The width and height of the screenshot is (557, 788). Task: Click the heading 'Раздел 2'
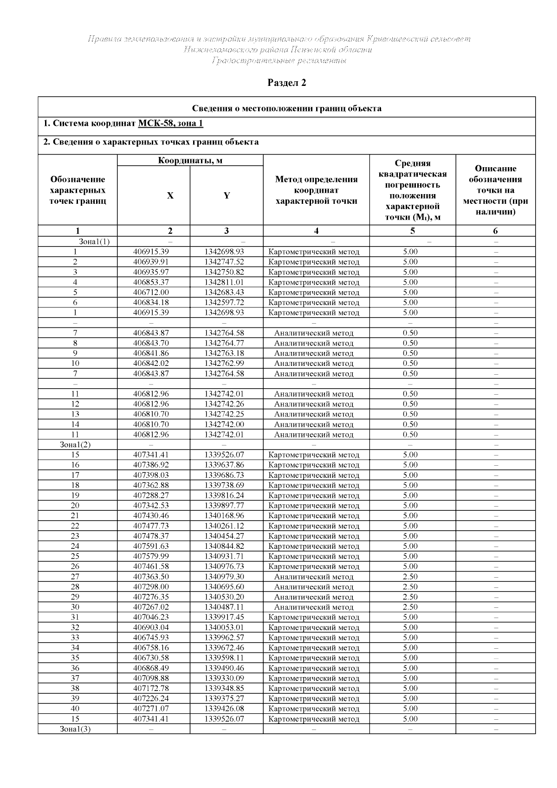[287, 83]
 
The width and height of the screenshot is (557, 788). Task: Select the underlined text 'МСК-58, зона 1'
[170, 124]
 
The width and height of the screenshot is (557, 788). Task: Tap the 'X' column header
[170, 195]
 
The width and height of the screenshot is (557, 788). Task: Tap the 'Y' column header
[227, 195]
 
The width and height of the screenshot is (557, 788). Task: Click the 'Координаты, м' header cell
[190, 161]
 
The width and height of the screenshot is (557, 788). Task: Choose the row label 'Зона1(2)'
[75, 444]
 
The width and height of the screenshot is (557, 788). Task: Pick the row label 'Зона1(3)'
[75, 729]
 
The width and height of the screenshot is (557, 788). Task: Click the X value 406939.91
[151, 262]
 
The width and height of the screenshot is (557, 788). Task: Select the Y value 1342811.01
[224, 282]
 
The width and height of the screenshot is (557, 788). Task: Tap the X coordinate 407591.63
[151, 546]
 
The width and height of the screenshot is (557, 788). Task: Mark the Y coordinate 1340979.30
[224, 577]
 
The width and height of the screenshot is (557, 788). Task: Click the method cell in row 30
[314, 607]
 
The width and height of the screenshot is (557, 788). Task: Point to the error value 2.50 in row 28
[410, 587]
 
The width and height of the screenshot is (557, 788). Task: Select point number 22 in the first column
[75, 526]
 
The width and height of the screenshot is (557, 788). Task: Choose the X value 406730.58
[151, 658]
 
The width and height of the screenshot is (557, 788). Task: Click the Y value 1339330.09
[224, 678]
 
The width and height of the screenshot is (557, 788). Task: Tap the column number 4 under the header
[316, 231]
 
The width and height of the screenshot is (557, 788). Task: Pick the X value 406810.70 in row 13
[151, 414]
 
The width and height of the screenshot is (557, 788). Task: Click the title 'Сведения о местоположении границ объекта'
[287, 109]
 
